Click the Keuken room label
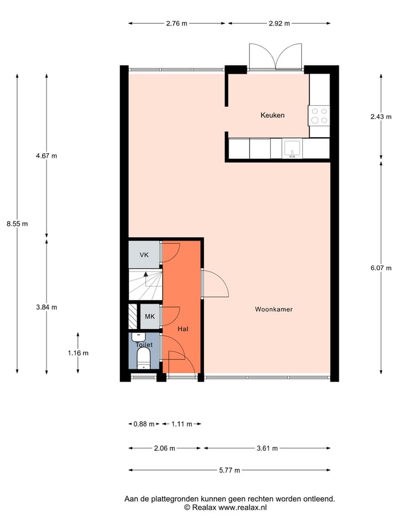(273, 115)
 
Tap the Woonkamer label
(274, 309)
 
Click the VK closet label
(144, 255)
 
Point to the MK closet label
(149, 316)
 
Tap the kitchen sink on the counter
(292, 148)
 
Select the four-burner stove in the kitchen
(319, 115)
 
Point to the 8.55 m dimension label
(17, 223)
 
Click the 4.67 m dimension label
(46, 156)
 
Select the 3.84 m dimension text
(46, 307)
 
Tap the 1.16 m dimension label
(78, 352)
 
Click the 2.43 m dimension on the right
(381, 117)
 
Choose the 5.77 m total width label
(229, 470)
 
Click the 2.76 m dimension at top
(176, 23)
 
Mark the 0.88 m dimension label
(144, 424)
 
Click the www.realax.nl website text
(243, 507)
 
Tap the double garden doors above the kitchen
(276, 57)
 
